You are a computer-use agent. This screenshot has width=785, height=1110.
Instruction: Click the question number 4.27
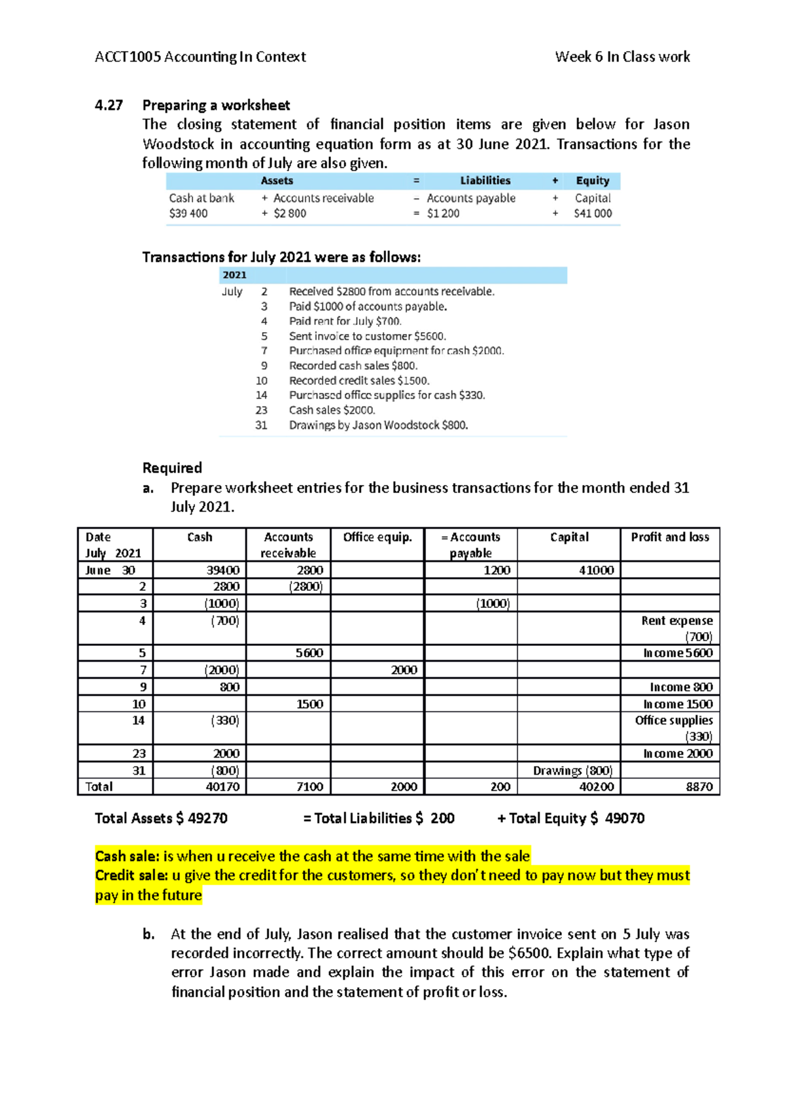(109, 105)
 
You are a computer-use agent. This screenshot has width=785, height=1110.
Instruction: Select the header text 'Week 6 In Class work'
(622, 57)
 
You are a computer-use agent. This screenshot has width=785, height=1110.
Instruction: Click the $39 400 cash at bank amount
(188, 213)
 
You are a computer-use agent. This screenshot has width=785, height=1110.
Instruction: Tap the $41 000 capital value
(593, 213)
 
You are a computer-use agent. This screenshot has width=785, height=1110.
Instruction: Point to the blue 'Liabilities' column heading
(485, 180)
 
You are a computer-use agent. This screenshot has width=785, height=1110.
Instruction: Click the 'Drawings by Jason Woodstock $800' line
(378, 425)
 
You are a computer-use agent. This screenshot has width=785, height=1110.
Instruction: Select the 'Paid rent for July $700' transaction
(345, 321)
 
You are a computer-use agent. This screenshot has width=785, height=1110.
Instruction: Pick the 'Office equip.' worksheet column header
(377, 537)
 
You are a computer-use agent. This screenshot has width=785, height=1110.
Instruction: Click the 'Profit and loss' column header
(670, 537)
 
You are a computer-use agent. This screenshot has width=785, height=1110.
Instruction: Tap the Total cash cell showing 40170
(222, 786)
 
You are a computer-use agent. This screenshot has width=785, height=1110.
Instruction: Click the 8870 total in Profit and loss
(699, 786)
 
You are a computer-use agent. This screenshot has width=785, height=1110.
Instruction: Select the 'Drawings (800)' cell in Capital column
(572, 771)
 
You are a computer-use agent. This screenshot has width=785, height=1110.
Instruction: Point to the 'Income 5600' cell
(678, 653)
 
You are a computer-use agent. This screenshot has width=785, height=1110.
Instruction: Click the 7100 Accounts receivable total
(309, 786)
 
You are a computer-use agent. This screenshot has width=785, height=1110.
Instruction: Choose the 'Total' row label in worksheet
(99, 786)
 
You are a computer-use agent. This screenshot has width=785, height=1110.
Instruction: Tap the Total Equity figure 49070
(624, 818)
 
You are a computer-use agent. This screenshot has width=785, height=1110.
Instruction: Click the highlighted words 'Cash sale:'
(127, 856)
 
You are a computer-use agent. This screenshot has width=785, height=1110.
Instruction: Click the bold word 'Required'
(172, 468)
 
